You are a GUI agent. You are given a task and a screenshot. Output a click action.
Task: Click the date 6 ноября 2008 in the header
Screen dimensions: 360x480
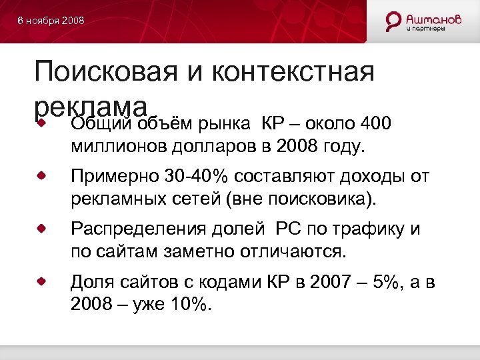[51, 21]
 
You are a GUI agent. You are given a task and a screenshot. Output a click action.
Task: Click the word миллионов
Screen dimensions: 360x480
[119, 145]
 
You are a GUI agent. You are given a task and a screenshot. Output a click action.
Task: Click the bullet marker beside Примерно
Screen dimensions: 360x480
[41, 175]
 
